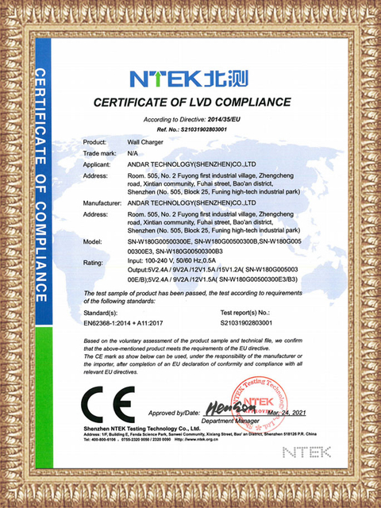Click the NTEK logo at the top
[189, 79]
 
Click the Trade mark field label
[101, 152]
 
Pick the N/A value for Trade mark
[132, 152]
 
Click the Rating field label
[94, 262]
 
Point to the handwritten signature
[221, 408]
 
